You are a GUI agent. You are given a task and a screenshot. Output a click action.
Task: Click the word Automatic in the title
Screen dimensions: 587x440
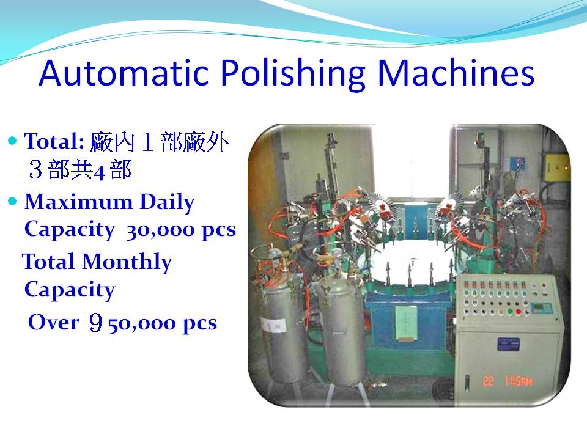124,73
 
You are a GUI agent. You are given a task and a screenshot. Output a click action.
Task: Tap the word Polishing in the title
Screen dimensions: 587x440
293,74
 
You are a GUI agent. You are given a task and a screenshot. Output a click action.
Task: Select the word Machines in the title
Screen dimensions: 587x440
456,73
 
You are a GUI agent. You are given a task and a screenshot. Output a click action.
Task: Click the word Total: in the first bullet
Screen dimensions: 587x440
54,141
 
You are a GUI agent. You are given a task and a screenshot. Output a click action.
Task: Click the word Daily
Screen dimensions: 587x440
168,203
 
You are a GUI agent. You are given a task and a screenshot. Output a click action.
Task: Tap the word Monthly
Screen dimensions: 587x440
127,262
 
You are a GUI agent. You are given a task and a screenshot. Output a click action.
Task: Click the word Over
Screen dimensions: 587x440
54,322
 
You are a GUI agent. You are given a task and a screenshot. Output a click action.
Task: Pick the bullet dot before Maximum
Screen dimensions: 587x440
13,201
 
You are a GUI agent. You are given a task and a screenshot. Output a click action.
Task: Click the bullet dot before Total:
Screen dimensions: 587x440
13,141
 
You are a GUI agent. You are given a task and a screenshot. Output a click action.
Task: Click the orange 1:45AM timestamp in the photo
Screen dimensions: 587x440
518,381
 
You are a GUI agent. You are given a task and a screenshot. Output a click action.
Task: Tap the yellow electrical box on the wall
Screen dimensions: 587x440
556,168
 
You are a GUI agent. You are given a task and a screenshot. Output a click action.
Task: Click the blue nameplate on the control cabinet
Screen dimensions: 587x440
508,344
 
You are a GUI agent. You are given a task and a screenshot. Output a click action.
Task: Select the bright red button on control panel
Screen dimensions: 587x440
518,312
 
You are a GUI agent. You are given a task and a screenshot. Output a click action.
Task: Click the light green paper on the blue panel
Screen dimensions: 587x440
406,323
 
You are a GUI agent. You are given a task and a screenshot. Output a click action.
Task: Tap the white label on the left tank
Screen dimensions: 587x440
274,325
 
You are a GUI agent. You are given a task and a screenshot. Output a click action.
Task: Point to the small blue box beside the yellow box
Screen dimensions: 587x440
517,164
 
